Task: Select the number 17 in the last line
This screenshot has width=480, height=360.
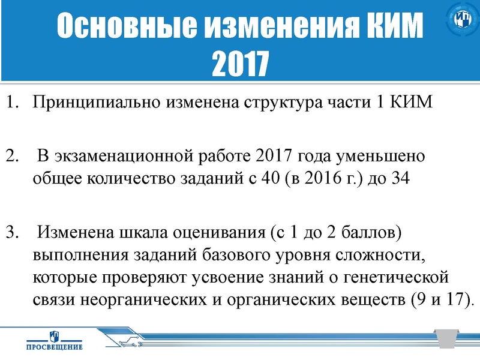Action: point(452,299)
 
